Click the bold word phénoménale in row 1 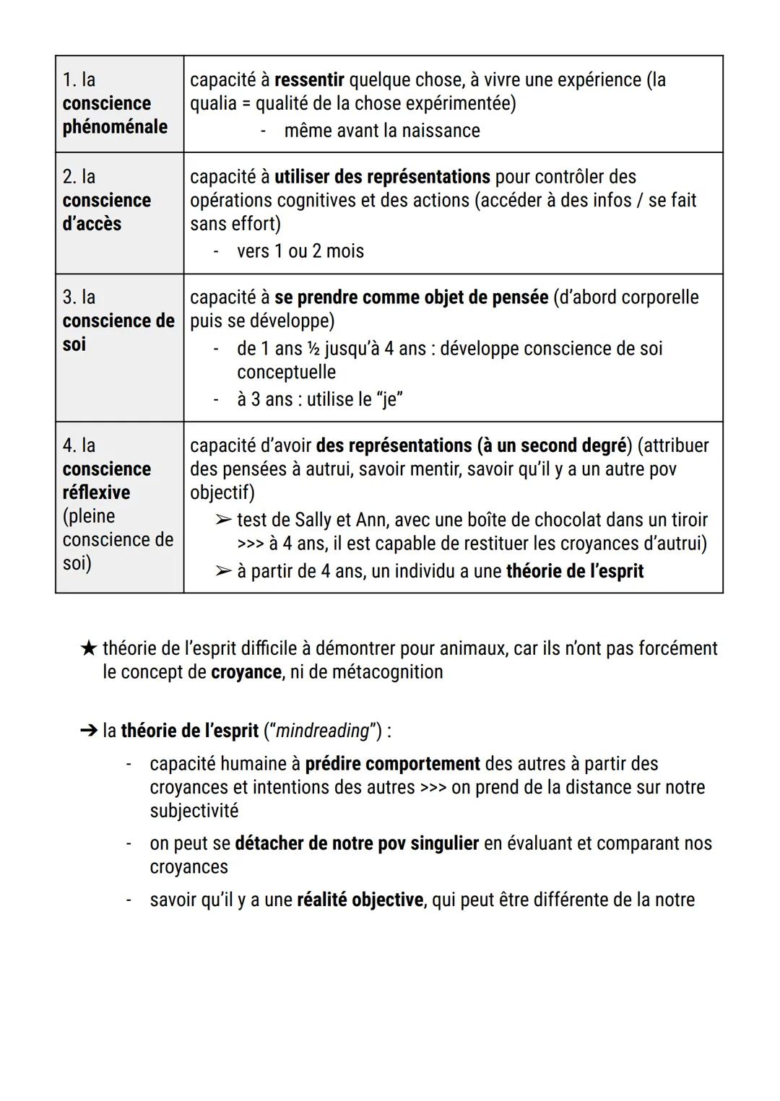coord(114,127)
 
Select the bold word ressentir coord(309,79)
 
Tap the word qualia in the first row coord(213,103)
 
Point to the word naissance coord(441,131)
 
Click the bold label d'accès coord(92,224)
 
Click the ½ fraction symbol coord(313,349)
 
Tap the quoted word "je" coord(389,399)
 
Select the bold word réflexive coord(96,493)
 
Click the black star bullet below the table coord(88,649)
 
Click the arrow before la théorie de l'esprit coord(88,731)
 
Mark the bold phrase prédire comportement coord(392,764)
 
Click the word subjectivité coord(194,811)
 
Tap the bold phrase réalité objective coord(360,900)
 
